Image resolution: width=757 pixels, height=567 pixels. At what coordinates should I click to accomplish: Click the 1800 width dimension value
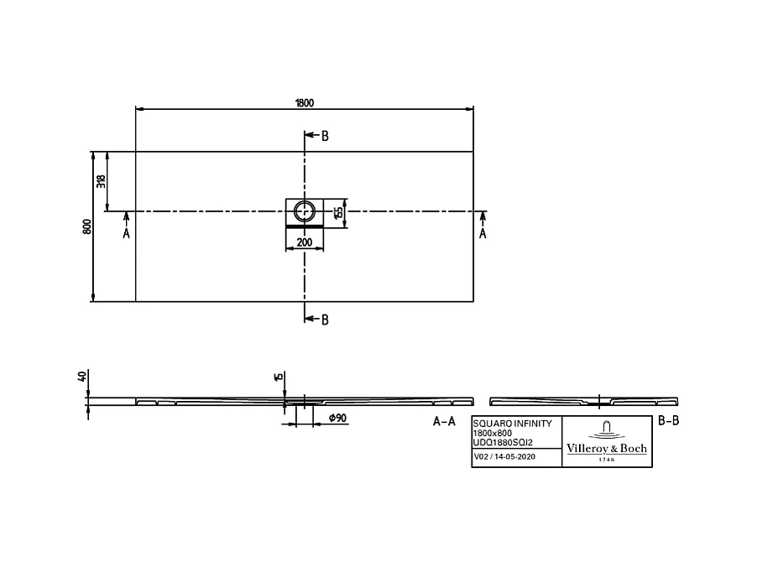[304, 103]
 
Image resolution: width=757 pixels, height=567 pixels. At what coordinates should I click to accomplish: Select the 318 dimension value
[102, 180]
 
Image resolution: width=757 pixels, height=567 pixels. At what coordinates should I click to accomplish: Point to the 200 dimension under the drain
[305, 242]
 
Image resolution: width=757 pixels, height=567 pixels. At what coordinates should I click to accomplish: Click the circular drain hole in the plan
[305, 211]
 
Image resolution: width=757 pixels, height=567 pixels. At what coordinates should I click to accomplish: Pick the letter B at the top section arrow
[325, 136]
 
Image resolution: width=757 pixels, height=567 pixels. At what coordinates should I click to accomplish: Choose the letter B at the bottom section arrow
[325, 319]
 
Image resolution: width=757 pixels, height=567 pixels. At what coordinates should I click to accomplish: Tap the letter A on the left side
[127, 234]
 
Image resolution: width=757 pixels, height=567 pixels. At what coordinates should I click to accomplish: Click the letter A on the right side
[483, 234]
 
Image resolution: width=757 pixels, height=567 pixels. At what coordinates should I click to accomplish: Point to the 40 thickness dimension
[82, 377]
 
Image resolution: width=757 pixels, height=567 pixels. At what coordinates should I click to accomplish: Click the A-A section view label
[444, 422]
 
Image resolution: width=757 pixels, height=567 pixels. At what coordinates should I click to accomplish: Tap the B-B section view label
[668, 421]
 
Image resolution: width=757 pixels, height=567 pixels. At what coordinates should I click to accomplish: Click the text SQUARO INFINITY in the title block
[513, 424]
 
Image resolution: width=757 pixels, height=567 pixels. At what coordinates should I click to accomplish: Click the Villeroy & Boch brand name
[607, 449]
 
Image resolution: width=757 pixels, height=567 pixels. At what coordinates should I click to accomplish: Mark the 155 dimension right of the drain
[339, 211]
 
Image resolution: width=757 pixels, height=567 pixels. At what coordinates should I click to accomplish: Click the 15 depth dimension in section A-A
[278, 377]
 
